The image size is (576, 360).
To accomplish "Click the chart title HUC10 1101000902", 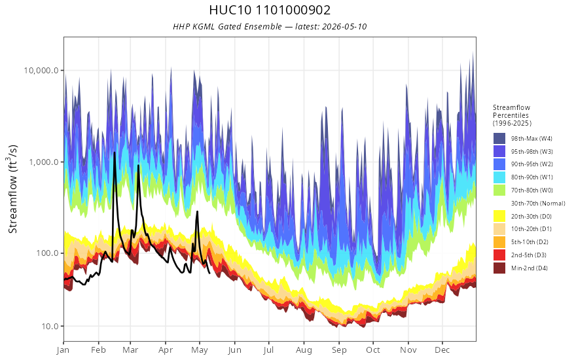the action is [270, 10].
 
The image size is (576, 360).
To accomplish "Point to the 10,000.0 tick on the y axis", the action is [41, 70].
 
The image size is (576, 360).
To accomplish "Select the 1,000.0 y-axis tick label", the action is [44, 162].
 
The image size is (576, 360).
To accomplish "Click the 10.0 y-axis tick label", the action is [49, 326].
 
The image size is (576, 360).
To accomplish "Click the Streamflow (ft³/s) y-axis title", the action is [13, 189].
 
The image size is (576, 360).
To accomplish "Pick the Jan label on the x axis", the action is [63, 350].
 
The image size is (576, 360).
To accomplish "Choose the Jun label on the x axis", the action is [234, 350].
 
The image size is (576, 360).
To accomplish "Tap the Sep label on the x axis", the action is [338, 350].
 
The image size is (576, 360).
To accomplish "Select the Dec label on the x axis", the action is [442, 350].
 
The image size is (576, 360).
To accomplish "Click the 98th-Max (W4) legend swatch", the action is [499, 139].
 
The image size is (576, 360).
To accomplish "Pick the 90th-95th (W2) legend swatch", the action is [499, 164].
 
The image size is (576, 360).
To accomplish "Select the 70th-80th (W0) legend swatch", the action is [499, 190].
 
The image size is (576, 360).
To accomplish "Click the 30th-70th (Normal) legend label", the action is [538, 203].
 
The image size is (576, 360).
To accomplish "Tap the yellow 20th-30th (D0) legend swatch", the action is [499, 216].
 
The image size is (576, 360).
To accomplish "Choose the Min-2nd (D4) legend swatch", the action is [499, 268].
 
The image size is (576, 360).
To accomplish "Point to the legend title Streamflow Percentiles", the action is [512, 111].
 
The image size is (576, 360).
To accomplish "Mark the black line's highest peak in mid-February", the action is [115, 152].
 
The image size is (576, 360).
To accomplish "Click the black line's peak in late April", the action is [197, 211].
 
